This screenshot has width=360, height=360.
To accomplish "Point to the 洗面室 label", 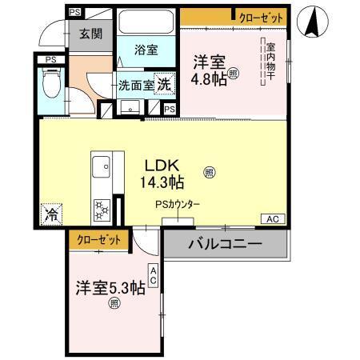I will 135,83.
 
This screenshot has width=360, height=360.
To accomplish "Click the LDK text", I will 160,165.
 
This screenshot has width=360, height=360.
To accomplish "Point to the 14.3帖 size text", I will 165,183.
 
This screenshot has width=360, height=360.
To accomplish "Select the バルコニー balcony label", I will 225,244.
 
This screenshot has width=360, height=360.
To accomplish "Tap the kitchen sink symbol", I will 102,168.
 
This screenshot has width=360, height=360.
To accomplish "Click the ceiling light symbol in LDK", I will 209,170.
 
